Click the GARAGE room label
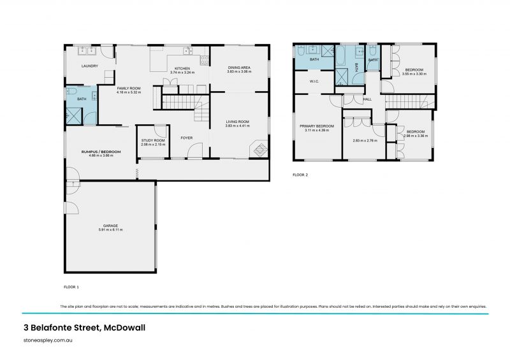[x=111, y=225]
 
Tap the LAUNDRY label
[x=89, y=66]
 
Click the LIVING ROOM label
[x=238, y=121]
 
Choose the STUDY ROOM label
[x=153, y=140]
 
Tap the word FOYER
[x=187, y=138]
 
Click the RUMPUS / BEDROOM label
[x=98, y=152]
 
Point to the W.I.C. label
[x=314, y=81]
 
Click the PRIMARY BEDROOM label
[x=317, y=126]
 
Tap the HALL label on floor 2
[x=367, y=99]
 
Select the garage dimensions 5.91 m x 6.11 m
[x=111, y=229]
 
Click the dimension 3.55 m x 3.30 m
[x=414, y=75]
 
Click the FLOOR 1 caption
[x=71, y=287]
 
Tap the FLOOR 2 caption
[x=300, y=175]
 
